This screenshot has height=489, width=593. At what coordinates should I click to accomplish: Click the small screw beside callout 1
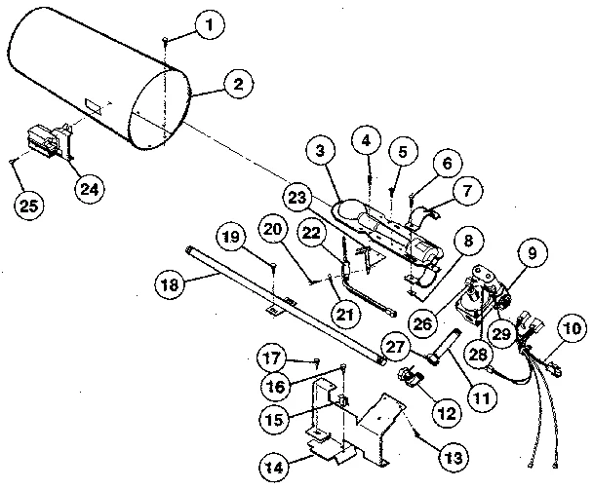(x=167, y=36)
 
